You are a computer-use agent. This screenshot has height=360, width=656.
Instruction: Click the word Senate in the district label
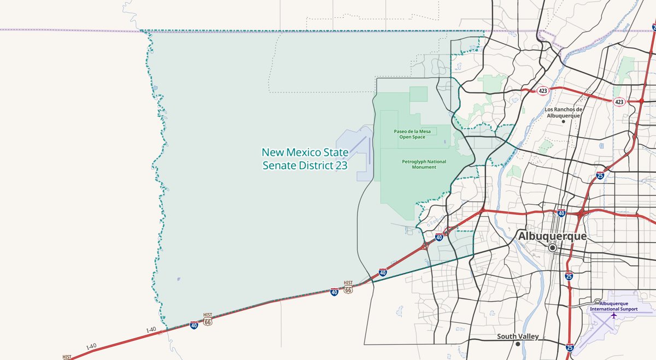(283, 164)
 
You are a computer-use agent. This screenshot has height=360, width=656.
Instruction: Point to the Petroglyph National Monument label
(424, 164)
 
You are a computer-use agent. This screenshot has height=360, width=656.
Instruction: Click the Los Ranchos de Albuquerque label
(564, 112)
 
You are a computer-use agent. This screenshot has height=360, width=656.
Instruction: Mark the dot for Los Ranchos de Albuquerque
(564, 121)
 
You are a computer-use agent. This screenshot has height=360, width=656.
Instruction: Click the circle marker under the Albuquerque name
(553, 247)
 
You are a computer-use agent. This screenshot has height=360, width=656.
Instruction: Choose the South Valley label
(518, 337)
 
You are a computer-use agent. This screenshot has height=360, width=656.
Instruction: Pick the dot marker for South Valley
(517, 344)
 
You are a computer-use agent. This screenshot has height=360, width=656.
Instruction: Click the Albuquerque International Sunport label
(614, 306)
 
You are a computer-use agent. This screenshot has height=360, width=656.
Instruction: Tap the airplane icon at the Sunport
(614, 315)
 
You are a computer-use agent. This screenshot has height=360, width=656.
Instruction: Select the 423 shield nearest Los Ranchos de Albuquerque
(542, 90)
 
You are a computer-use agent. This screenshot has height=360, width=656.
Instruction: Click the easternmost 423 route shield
(619, 102)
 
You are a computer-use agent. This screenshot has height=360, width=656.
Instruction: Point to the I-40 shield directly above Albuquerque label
(561, 213)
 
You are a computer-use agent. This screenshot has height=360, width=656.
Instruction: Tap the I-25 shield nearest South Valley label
(570, 347)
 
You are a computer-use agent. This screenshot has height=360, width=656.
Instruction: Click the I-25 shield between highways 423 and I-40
(600, 176)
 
